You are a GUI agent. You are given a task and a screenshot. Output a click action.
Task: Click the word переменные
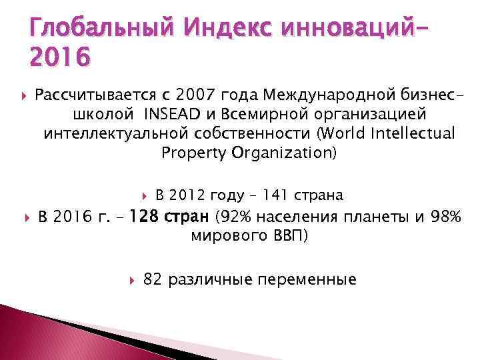pos(313,279)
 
